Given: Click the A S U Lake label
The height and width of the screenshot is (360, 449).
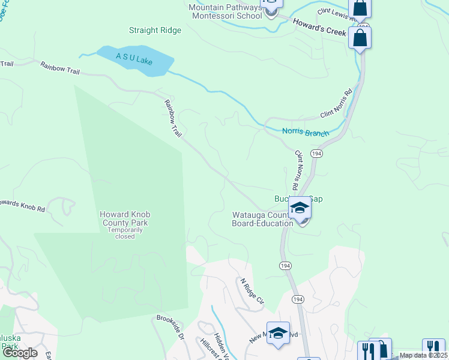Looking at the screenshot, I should pos(135,59).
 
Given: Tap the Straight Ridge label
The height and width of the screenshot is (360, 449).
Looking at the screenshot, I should pos(155,31).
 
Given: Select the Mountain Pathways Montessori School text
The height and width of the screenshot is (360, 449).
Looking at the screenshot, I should pos(225,11).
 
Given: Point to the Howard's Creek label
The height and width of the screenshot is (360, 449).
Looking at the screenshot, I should pos(320,28).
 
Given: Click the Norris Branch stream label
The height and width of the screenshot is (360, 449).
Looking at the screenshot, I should pos(305,132).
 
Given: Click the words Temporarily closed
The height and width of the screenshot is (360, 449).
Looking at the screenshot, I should pos(125,233).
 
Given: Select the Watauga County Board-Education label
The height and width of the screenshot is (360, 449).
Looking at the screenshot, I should pos(262,219).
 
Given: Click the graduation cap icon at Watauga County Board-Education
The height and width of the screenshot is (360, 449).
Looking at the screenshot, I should pos(300,208).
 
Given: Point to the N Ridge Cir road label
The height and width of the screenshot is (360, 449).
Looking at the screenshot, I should pos(252,292).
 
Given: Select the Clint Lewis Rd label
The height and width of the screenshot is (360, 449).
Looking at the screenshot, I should pos(338,19).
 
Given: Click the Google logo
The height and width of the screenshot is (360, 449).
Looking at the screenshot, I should pos(20,353).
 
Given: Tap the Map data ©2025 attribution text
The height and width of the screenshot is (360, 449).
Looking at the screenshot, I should pos(423,355).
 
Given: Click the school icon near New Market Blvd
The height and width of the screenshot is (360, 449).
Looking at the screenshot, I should pos(278,334).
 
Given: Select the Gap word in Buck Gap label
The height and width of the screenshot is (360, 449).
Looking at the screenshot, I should pos(316,199).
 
